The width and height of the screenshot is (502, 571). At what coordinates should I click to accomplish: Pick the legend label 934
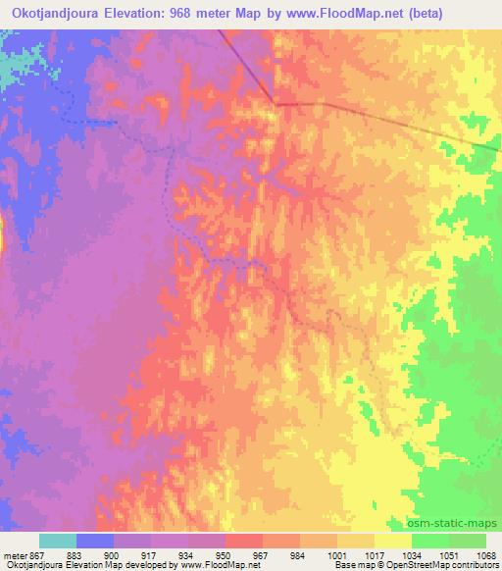coord(189,556)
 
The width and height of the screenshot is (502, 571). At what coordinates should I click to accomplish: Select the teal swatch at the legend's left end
coord(58,541)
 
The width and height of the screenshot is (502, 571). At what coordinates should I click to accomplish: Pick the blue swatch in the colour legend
coord(95,541)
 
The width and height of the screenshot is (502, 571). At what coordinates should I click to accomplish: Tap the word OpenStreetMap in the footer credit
coord(419,566)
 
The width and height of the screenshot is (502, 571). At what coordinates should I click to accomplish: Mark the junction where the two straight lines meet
coord(276,102)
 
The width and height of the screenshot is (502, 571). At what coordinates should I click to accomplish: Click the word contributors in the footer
coord(476,566)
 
